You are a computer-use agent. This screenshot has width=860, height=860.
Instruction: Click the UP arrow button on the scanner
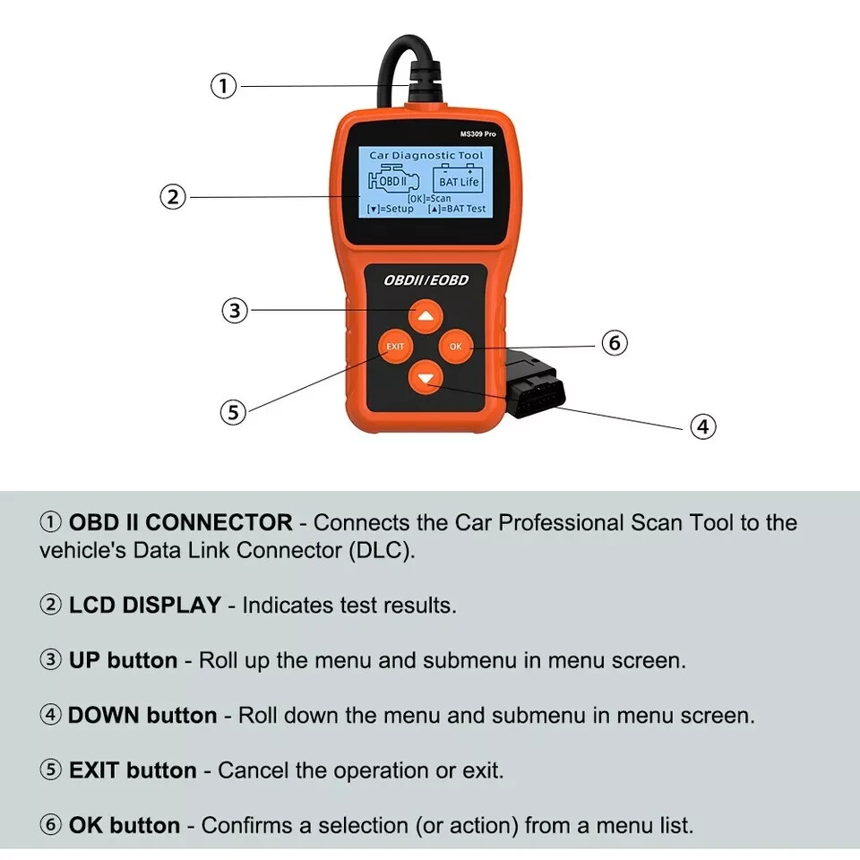(x=426, y=314)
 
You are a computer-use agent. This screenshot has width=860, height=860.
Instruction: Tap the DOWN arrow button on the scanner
(x=426, y=377)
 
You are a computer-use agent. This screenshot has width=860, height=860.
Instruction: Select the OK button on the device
(x=456, y=346)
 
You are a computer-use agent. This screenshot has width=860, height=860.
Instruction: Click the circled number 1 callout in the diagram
(x=223, y=86)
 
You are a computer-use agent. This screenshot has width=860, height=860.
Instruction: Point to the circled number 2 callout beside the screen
(x=173, y=197)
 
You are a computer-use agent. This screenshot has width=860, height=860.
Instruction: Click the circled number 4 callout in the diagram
(x=702, y=426)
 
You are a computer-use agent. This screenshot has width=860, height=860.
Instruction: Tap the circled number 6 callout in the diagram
(x=614, y=343)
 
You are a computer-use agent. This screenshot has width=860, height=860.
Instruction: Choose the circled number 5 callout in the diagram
(x=233, y=412)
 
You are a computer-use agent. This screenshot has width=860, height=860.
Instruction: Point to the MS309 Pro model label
(x=477, y=133)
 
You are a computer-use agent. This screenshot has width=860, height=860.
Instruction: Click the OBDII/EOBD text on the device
(x=426, y=280)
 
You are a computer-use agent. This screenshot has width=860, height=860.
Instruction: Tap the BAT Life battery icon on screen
(x=459, y=176)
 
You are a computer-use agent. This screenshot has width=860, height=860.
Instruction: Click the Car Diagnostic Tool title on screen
(x=426, y=155)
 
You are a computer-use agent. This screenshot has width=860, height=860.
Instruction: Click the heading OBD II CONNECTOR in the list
(x=180, y=522)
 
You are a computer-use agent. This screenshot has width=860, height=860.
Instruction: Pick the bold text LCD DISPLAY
(x=144, y=605)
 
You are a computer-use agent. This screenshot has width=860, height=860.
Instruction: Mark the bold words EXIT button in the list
(x=133, y=770)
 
